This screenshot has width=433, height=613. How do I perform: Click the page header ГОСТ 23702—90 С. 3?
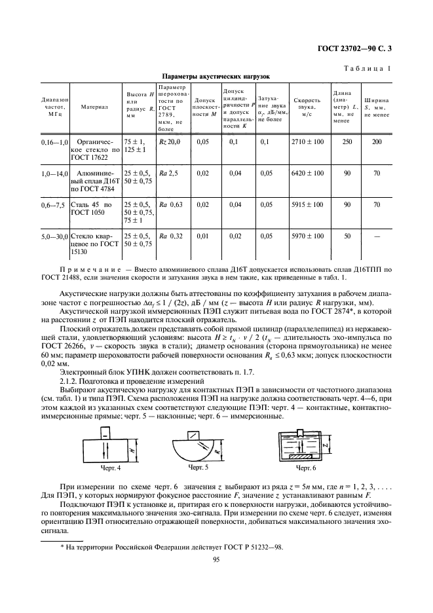point(358,49)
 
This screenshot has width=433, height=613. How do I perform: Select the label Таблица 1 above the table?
point(367,67)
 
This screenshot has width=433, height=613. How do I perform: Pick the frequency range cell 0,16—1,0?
point(54,141)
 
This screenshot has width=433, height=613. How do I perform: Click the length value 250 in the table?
point(347,141)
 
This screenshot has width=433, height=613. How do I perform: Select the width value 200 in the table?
point(377,141)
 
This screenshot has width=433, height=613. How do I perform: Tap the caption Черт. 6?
point(305,468)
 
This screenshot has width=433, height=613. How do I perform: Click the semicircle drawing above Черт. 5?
point(198,447)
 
